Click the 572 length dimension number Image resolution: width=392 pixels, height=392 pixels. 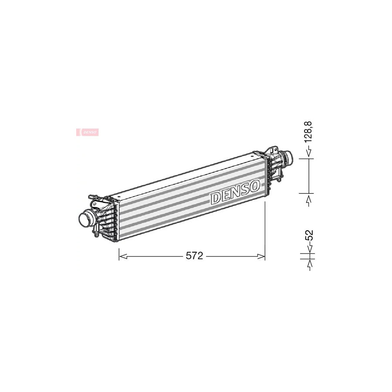(194, 256)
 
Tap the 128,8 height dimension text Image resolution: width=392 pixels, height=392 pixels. (308, 132)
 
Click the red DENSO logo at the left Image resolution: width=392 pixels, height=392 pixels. (88, 132)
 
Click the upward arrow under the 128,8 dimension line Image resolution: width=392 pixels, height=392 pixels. (309, 200)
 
